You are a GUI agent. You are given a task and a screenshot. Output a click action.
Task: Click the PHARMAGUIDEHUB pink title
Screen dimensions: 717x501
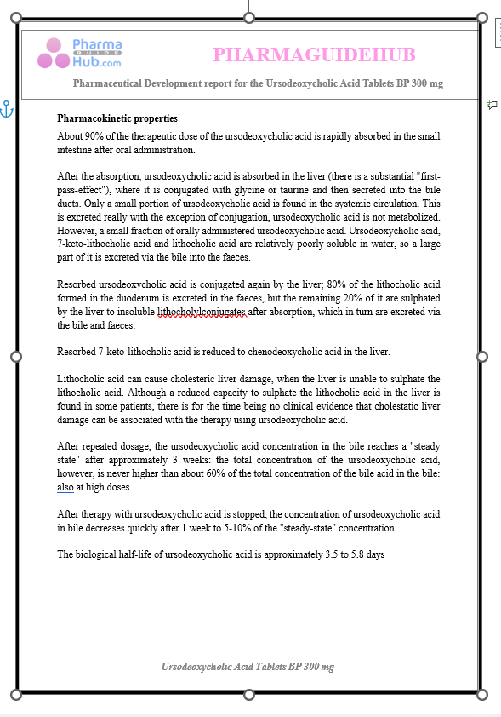pyautogui.click(x=314, y=55)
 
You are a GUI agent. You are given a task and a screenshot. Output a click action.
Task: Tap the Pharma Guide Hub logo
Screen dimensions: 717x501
pyautogui.click(x=79, y=54)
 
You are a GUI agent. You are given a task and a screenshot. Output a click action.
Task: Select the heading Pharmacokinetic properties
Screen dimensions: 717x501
pyautogui.click(x=117, y=118)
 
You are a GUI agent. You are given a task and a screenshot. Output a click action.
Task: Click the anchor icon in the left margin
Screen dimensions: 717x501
pyautogui.click(x=7, y=110)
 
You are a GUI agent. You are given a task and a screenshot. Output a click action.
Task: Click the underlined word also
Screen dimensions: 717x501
pyautogui.click(x=66, y=488)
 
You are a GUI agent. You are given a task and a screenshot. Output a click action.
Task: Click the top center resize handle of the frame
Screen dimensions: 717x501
pyautogui.click(x=248, y=17)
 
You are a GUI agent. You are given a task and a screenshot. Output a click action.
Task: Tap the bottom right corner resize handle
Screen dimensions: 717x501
pyautogui.click(x=482, y=693)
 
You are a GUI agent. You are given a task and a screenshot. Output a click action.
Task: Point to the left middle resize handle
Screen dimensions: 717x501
pyautogui.click(x=15, y=356)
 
